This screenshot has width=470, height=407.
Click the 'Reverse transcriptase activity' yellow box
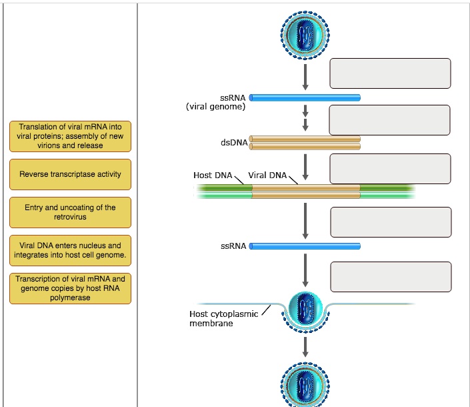click(70, 175)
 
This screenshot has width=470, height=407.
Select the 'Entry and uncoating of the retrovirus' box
click(70, 212)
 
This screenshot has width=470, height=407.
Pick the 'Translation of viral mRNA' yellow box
click(70, 136)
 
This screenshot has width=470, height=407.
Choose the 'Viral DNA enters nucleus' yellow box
click(70, 250)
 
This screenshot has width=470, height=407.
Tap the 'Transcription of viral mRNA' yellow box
click(70, 288)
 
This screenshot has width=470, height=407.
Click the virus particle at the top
click(305, 33)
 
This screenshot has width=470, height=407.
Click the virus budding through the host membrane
click(305, 311)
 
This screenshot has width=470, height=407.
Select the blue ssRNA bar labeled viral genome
click(305, 98)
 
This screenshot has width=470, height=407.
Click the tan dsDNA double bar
click(305, 142)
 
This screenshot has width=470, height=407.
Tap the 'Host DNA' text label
click(213, 175)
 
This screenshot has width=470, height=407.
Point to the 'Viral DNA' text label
click(267, 175)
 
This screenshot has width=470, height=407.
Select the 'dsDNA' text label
click(234, 142)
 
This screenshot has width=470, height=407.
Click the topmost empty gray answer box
click(390, 73)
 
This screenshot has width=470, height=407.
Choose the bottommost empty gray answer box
click(390, 277)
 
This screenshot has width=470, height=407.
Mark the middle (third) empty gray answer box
click(390, 169)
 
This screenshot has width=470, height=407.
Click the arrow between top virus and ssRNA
click(305, 77)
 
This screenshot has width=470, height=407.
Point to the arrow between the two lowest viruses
click(305, 346)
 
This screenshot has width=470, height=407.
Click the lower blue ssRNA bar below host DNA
click(305, 246)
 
